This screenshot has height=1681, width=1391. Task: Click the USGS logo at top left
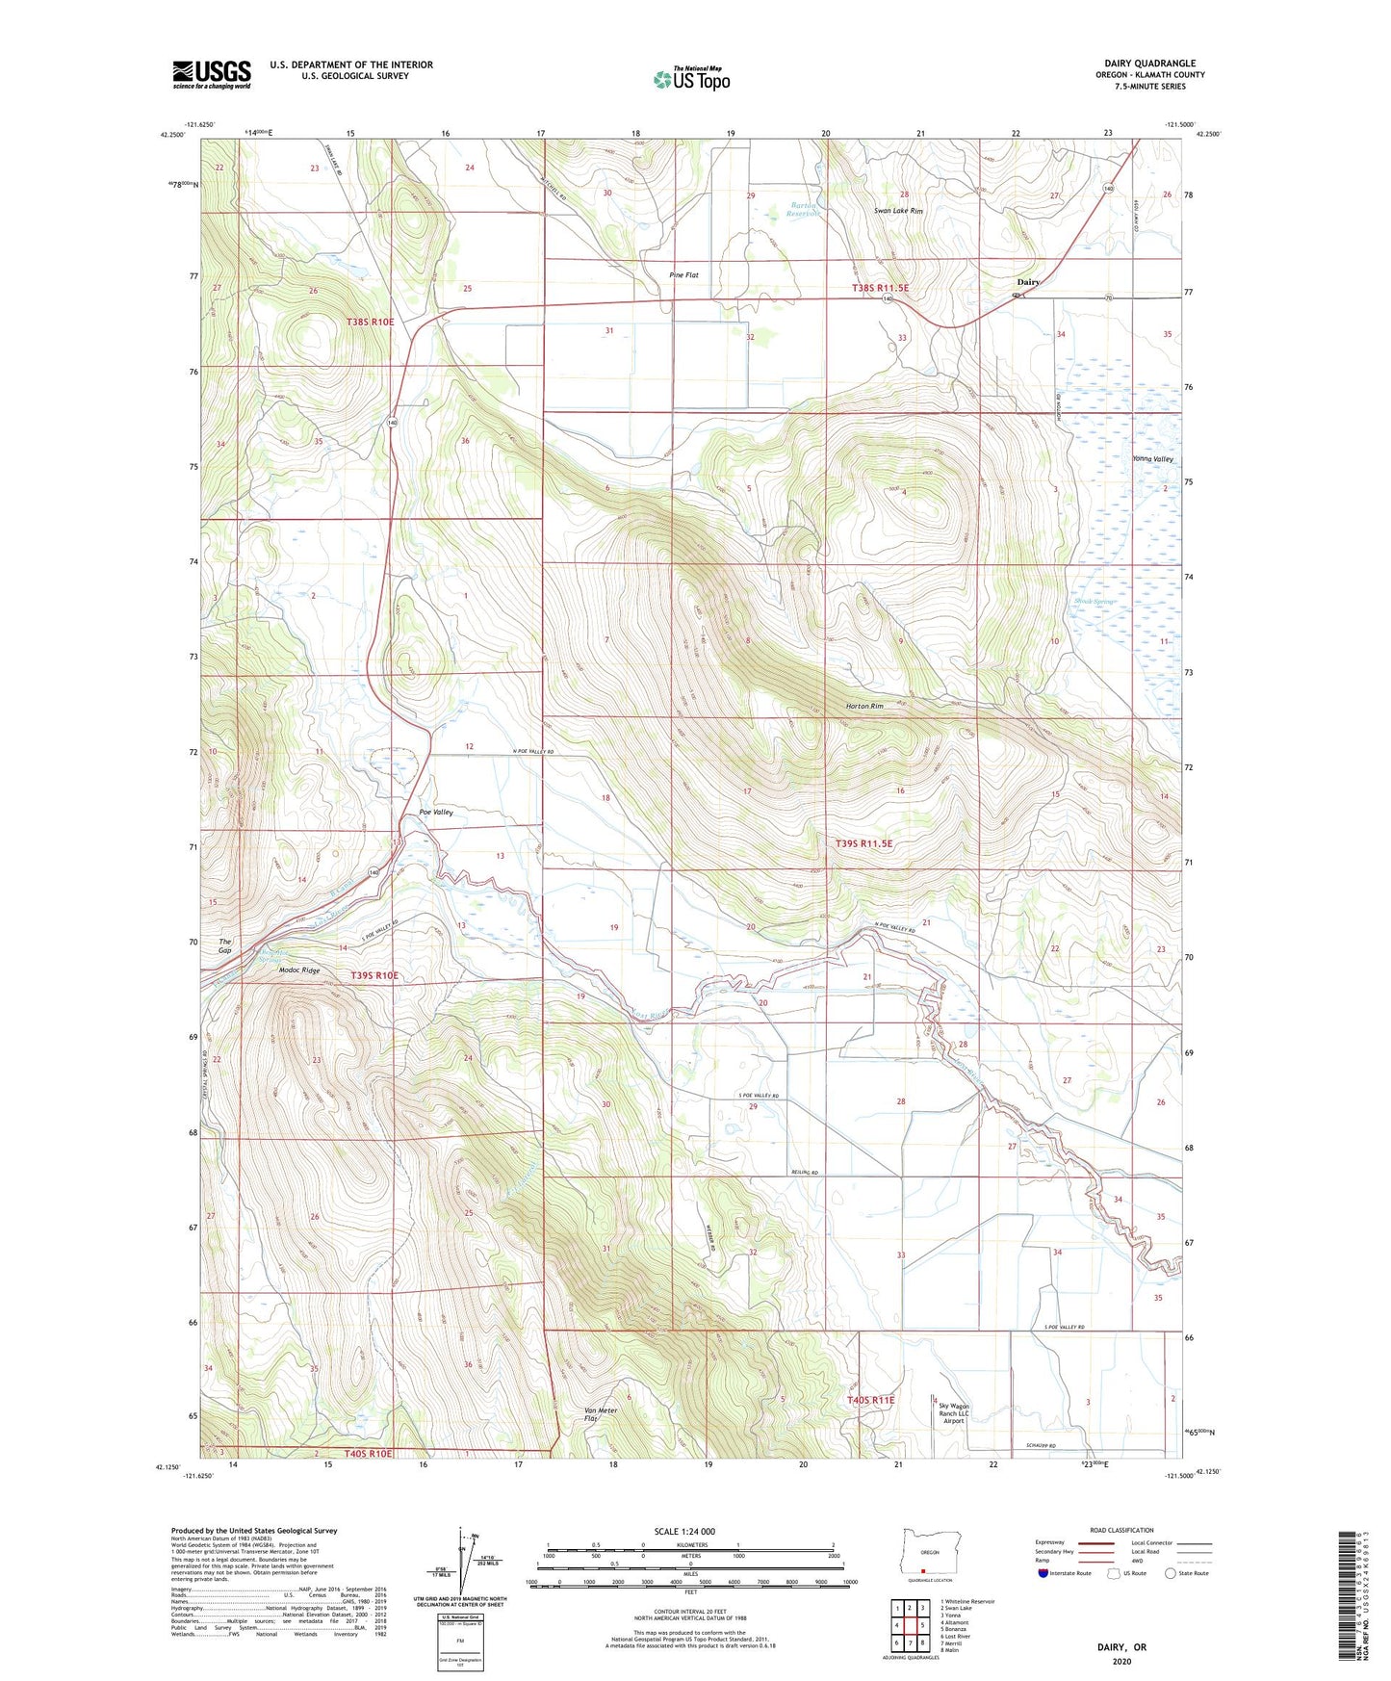click(211, 74)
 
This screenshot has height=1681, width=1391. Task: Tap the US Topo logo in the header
click(690, 79)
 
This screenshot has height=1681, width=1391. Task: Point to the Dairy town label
click(1028, 282)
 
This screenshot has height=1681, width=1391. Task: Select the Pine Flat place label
click(683, 275)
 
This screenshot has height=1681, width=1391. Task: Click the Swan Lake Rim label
click(897, 211)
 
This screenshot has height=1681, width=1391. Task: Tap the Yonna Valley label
click(1152, 459)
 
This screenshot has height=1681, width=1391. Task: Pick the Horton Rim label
click(863, 707)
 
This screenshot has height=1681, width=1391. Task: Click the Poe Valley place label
click(435, 813)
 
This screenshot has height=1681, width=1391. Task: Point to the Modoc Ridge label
click(298, 970)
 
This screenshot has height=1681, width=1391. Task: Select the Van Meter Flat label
click(600, 1415)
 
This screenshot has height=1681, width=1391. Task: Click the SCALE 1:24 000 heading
click(684, 1532)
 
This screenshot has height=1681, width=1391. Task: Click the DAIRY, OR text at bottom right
click(1121, 1647)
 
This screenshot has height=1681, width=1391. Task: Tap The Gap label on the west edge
click(225, 945)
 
